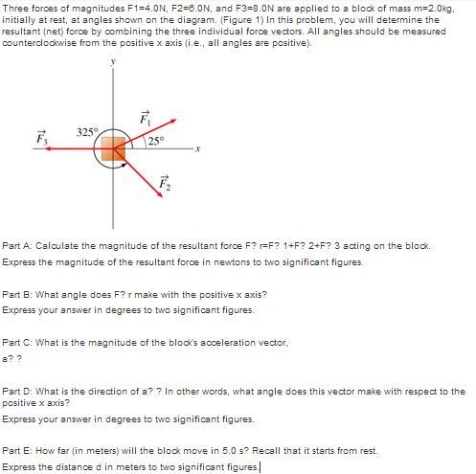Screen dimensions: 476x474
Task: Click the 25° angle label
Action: (158, 143)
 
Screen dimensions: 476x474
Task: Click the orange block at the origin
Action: (113, 149)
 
